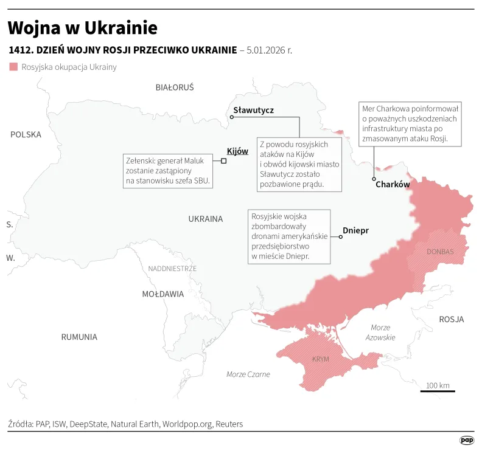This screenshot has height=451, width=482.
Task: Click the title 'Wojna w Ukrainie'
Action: (x=83, y=28)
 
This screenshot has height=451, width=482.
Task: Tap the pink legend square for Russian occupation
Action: (x=13, y=67)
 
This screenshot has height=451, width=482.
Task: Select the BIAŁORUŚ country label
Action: (x=175, y=88)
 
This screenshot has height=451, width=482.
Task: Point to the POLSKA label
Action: (x=26, y=134)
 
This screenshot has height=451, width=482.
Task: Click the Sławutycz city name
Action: (x=254, y=111)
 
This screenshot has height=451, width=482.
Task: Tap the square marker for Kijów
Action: (x=224, y=160)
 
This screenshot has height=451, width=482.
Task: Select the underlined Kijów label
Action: (x=237, y=151)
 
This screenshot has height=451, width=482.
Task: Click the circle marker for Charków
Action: (x=374, y=178)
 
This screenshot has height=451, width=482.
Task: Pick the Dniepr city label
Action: (x=356, y=230)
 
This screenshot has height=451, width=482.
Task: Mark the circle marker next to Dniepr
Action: (x=341, y=237)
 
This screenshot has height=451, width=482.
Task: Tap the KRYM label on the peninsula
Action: (x=320, y=359)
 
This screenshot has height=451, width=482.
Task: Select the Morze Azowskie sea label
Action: (x=380, y=332)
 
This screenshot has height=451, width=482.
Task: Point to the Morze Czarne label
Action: (x=248, y=374)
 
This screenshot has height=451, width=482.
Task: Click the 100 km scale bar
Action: (x=437, y=390)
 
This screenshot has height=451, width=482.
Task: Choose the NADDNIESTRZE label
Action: (x=172, y=268)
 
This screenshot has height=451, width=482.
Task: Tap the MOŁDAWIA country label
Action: (x=162, y=294)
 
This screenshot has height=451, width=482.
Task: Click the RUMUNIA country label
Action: (x=79, y=337)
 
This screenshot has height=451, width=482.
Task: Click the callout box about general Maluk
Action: (x=168, y=171)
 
